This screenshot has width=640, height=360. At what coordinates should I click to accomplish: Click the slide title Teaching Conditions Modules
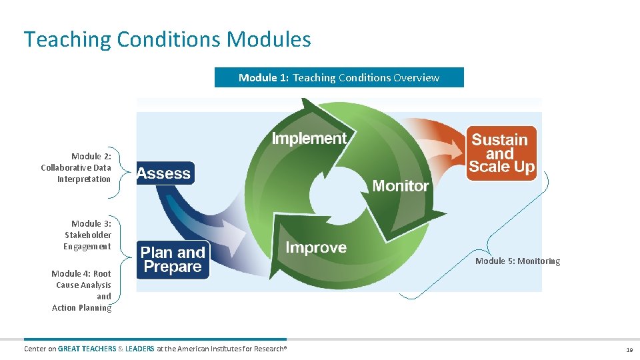167,39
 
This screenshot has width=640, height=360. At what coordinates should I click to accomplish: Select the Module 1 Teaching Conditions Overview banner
339,77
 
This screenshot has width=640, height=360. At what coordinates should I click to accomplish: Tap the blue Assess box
165,173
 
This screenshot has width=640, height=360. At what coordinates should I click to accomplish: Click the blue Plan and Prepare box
173,260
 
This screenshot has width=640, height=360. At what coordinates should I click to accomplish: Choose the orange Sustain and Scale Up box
501,153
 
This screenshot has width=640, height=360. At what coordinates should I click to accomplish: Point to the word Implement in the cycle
309,139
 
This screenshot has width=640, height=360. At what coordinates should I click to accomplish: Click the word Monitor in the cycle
400,186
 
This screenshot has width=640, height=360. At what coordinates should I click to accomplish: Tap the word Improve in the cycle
316,248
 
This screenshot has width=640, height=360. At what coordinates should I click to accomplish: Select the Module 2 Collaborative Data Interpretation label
76,167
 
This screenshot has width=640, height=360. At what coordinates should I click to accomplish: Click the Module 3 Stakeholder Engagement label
87,235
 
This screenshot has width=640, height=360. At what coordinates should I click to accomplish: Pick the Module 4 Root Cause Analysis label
82,291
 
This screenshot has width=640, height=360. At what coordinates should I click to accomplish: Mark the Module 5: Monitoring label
517,261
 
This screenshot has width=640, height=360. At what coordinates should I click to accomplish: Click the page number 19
629,349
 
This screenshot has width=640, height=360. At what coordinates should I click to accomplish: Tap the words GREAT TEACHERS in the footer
87,349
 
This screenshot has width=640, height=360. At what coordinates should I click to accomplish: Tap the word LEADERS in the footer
139,349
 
